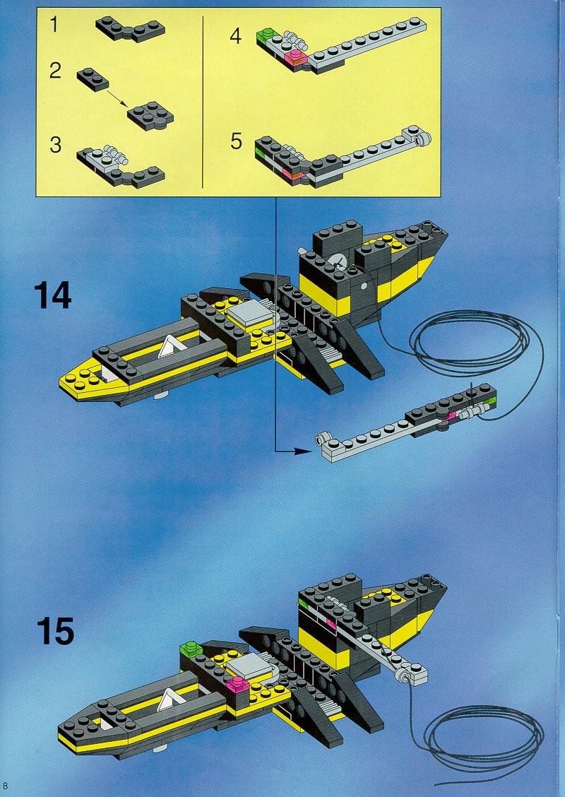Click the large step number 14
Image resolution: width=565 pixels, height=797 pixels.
[x=52, y=296]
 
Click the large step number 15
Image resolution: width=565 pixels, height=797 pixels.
[x=55, y=631]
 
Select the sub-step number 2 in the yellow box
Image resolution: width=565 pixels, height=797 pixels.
[x=55, y=70]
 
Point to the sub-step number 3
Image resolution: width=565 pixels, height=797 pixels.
[x=55, y=145]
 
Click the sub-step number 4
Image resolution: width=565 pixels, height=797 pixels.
[x=235, y=37]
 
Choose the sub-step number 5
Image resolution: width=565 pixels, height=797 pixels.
[x=236, y=141]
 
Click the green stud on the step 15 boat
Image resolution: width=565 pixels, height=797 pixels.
[x=191, y=649]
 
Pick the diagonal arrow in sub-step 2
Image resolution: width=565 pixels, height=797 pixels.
[x=117, y=95]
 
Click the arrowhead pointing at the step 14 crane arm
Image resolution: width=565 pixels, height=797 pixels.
[x=304, y=450]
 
